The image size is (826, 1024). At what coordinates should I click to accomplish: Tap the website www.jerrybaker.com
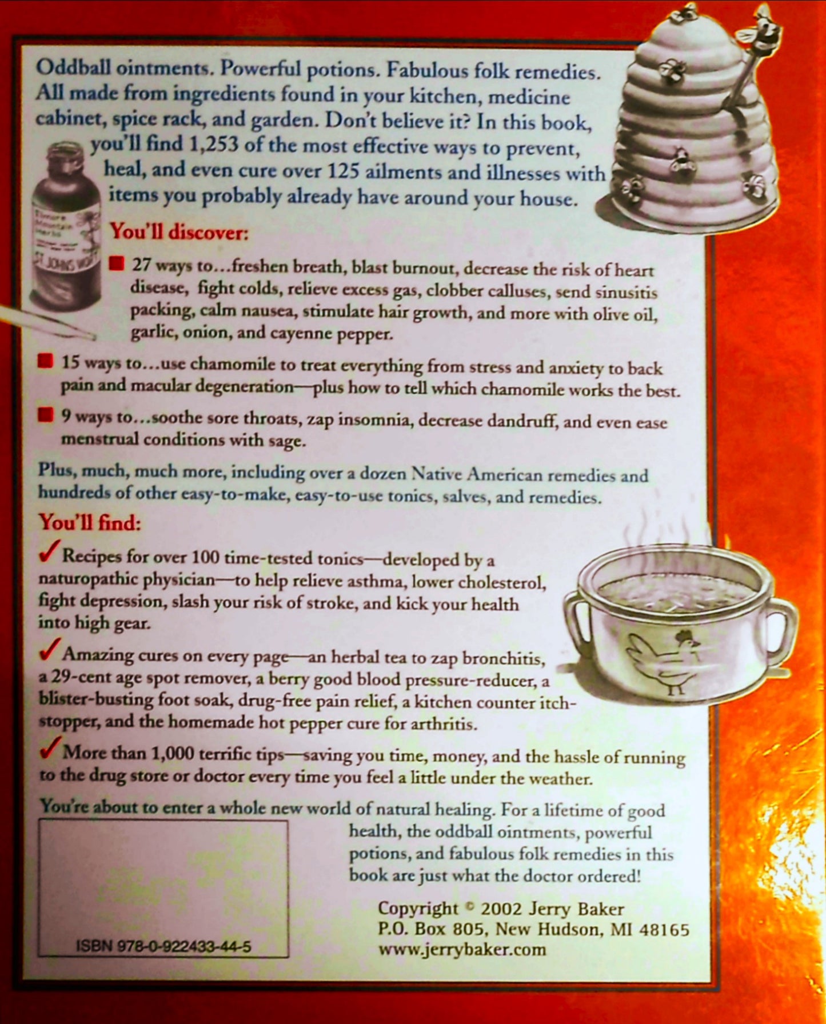462,950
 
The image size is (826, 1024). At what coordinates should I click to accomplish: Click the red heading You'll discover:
179,232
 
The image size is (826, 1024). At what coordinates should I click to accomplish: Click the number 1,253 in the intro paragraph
213,145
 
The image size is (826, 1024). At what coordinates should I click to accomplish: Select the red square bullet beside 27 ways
116,263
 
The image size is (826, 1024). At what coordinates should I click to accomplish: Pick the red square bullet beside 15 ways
45,362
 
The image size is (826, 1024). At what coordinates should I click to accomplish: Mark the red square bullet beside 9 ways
45,414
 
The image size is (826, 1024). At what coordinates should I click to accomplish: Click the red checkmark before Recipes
49,551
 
